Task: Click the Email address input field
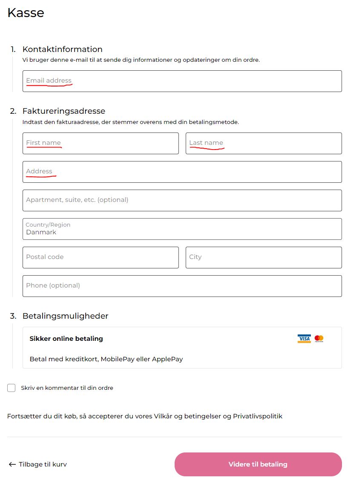click(182, 81)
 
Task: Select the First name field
click(101, 143)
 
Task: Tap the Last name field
click(264, 143)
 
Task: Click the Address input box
click(182, 172)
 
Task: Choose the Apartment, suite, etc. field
click(182, 200)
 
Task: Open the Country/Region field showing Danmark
click(182, 229)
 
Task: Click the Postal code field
click(101, 257)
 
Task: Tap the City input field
click(264, 257)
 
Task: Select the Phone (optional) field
click(182, 286)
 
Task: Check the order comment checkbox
click(11, 388)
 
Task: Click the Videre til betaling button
click(258, 464)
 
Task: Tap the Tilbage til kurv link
click(38, 464)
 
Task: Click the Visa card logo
click(304, 339)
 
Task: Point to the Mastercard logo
click(319, 339)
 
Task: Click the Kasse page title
click(26, 13)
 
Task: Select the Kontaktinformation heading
click(63, 49)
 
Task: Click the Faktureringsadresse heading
click(64, 111)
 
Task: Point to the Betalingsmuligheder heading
click(66, 316)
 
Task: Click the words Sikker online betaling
click(66, 339)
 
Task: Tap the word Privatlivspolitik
click(258, 416)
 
